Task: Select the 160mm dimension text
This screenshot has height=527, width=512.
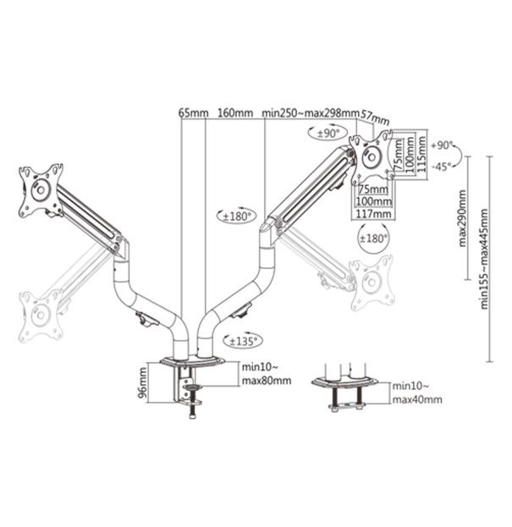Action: coord(234,113)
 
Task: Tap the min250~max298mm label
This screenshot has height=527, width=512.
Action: coord(310,113)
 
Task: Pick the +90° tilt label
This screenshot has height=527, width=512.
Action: coord(443,145)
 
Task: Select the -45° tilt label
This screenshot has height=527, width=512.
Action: coord(442,167)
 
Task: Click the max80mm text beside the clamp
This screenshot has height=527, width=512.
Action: coord(267,380)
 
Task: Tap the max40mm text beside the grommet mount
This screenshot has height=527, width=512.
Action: coord(416,398)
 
